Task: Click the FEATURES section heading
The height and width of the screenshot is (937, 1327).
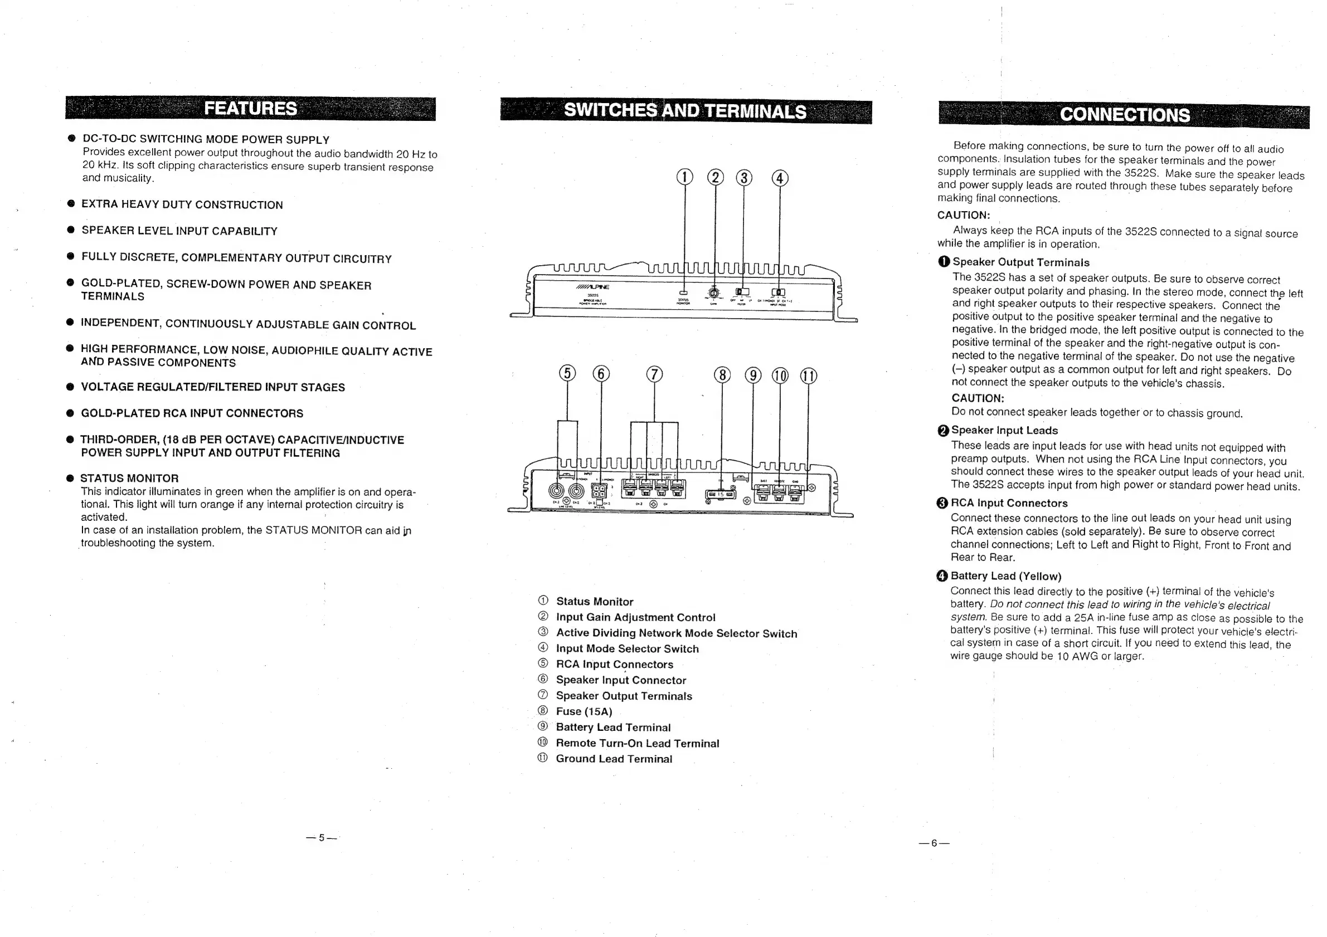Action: [x=250, y=109]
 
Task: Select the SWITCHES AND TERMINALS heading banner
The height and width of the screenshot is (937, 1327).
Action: [x=686, y=111]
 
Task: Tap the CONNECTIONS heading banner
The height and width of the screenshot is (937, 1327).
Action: [x=1124, y=114]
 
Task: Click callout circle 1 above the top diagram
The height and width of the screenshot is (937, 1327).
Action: [x=684, y=177]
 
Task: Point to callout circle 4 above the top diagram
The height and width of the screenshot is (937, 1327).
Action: [x=780, y=178]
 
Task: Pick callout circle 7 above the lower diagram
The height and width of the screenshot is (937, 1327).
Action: [x=654, y=375]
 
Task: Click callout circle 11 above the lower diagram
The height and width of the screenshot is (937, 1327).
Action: [x=808, y=376]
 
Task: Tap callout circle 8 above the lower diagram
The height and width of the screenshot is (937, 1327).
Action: [x=722, y=375]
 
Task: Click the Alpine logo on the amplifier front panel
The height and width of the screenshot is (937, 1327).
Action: [x=592, y=286]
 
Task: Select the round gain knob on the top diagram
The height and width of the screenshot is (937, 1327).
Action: [x=714, y=292]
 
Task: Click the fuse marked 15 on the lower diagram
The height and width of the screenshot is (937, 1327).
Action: [x=721, y=495]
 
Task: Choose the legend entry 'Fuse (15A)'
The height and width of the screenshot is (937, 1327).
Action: [x=584, y=712]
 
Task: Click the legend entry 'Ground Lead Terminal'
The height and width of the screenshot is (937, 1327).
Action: [x=614, y=759]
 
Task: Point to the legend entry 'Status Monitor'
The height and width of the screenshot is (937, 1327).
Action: [x=594, y=602]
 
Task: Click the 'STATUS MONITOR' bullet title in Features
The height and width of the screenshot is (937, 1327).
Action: [x=129, y=479]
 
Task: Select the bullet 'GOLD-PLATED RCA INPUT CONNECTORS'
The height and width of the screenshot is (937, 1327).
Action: [x=192, y=413]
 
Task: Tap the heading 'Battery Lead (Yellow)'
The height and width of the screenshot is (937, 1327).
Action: [x=1005, y=576]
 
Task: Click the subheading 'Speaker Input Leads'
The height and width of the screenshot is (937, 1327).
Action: [x=1004, y=431]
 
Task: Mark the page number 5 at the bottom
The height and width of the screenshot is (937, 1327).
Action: [x=322, y=838]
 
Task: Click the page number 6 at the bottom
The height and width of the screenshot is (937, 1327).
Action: [x=934, y=843]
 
